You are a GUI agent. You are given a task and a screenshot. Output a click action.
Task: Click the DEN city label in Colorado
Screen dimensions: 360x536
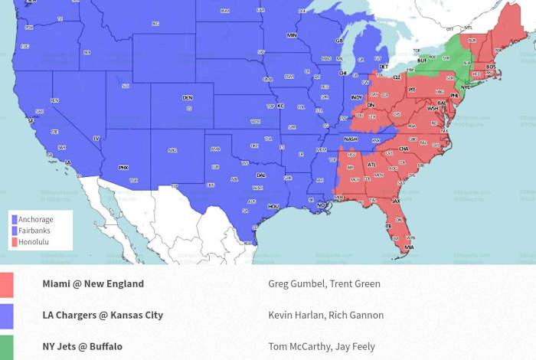click(x=188, y=98)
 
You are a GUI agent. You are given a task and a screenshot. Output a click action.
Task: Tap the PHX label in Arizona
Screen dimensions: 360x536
click(x=123, y=165)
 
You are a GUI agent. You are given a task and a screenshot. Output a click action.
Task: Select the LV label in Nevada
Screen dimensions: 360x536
click(x=96, y=138)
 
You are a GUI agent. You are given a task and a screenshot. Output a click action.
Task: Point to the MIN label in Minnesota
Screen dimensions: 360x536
click(x=292, y=35)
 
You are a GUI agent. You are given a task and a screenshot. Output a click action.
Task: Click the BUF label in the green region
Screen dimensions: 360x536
click(x=422, y=60)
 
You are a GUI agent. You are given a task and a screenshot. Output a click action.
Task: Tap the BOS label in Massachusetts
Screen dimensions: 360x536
click(x=491, y=67)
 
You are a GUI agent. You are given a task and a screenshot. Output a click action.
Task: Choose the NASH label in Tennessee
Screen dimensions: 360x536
click(x=351, y=139)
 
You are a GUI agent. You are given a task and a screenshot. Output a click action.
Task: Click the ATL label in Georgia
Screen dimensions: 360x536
click(x=372, y=164)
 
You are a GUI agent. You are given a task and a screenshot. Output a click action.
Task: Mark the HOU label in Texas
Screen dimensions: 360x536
click(x=273, y=206)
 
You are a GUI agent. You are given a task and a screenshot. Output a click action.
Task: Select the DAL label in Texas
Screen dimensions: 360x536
click(x=261, y=175)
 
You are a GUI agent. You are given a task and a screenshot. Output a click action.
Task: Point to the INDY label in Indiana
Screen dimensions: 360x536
click(x=357, y=98)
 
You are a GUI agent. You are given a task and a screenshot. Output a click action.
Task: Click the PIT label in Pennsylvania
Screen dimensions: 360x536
click(x=411, y=90)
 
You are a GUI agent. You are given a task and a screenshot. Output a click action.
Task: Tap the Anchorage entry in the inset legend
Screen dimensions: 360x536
click(x=35, y=220)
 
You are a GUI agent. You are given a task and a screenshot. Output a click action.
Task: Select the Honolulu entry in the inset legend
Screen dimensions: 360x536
click(x=34, y=241)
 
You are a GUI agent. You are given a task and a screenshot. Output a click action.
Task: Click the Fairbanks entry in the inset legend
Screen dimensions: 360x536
click(x=34, y=231)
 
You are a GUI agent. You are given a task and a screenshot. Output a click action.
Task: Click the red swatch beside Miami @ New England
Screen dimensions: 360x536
click(x=7, y=284)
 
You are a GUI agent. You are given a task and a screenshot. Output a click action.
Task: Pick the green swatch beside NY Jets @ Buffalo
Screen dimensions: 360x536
click(x=7, y=346)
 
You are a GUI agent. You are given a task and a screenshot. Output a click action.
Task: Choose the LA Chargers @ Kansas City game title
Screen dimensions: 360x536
click(x=103, y=315)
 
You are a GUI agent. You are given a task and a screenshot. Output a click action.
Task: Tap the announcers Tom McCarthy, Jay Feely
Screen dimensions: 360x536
click(x=322, y=346)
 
